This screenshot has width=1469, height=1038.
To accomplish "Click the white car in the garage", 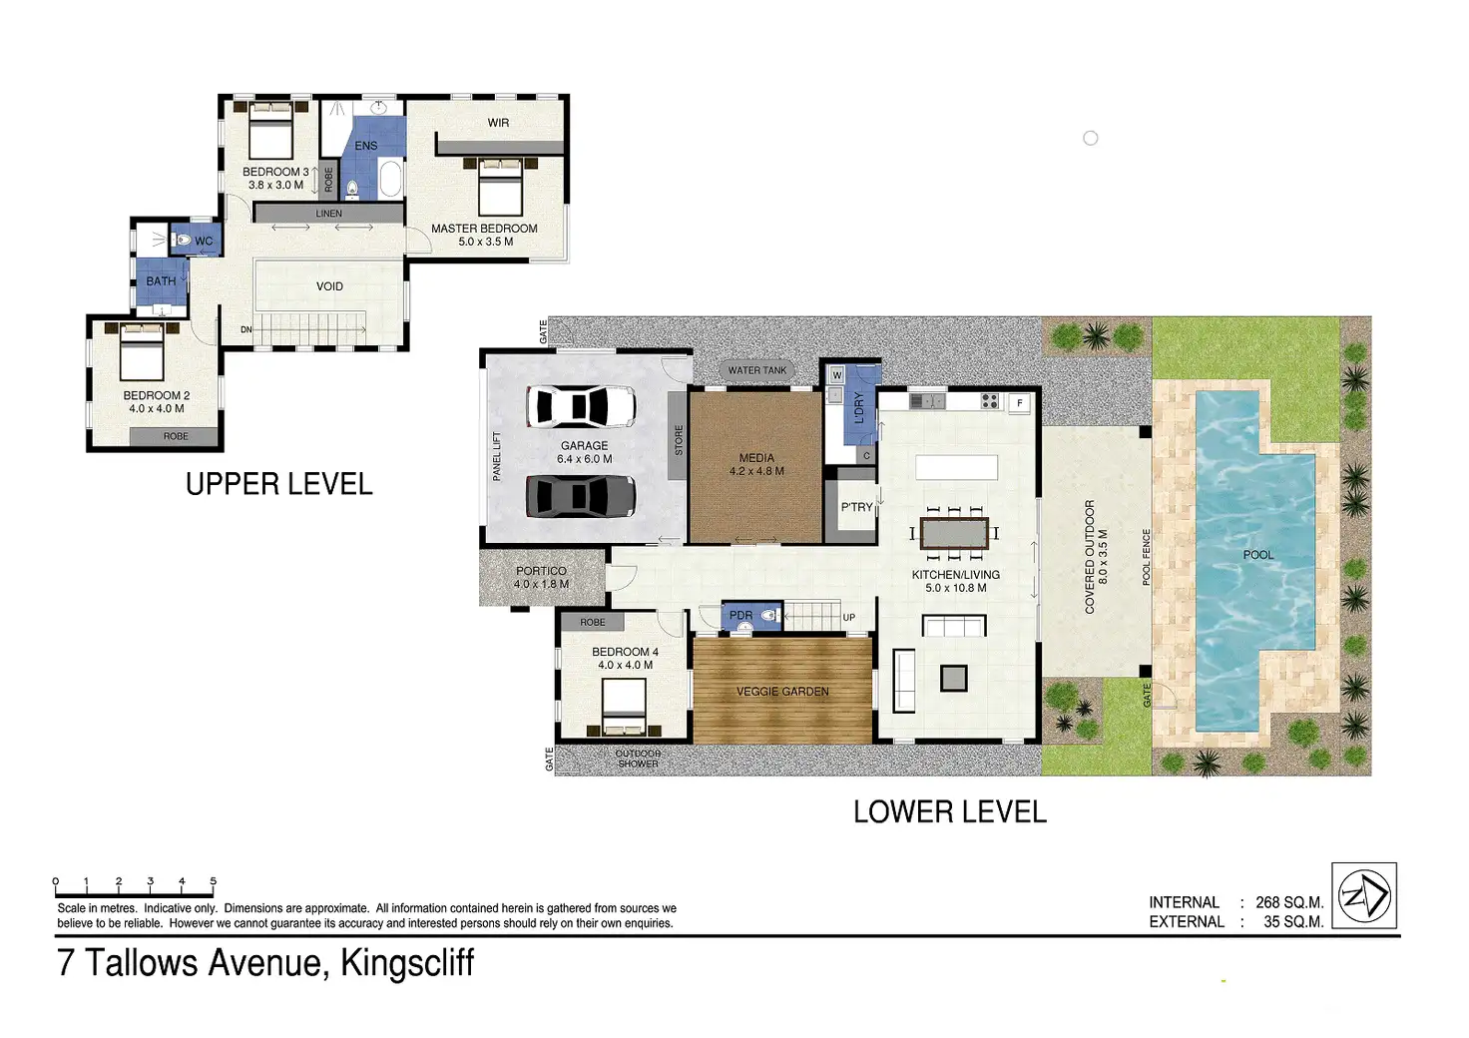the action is coord(581,406).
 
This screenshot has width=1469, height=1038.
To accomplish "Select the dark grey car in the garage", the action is coord(581,496).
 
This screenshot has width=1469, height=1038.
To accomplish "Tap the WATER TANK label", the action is coord(756,370).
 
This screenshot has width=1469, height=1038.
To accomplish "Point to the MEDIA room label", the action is coord(756,458).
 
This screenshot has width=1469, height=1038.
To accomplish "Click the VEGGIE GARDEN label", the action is coord(782,691).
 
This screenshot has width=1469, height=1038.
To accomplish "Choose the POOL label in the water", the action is coord(1257,555).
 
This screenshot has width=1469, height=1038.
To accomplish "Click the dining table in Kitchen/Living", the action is coord(954,534).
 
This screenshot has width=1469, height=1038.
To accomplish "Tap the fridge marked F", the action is coord(1019,402).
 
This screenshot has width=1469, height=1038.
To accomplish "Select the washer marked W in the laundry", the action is coord(837,375).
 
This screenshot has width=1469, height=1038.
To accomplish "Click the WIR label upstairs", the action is coord(498,123).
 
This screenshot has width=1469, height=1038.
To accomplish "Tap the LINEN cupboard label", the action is coord(328,214).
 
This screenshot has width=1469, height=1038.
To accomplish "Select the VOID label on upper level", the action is coord(329,286).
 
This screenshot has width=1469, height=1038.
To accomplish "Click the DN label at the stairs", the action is coord(245,329).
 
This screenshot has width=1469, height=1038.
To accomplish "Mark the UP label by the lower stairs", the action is coord(848,618).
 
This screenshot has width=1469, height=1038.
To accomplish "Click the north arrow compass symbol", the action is coord(1364,895).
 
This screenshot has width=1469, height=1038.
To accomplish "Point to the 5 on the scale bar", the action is coord(214,881).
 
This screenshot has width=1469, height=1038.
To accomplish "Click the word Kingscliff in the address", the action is coord(407,963).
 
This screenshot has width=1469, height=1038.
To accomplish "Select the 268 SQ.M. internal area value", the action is coord(1289,902).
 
